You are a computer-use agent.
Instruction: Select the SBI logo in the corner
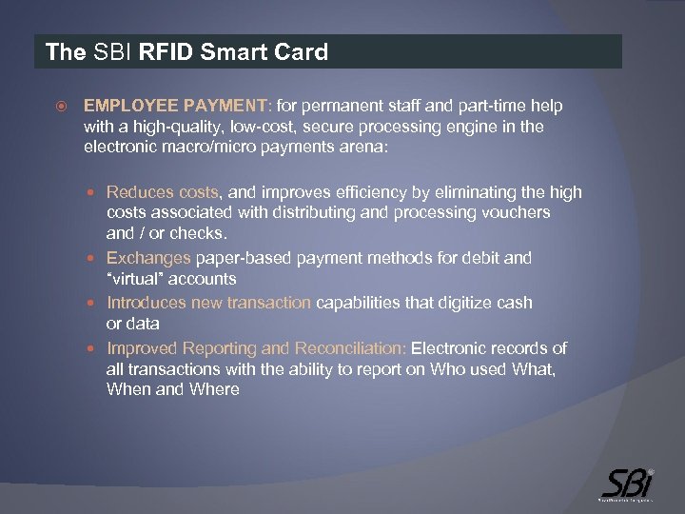click(628, 484)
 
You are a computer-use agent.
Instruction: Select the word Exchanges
click(148, 258)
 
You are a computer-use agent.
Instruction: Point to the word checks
click(198, 234)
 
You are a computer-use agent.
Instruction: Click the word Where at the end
click(214, 389)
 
